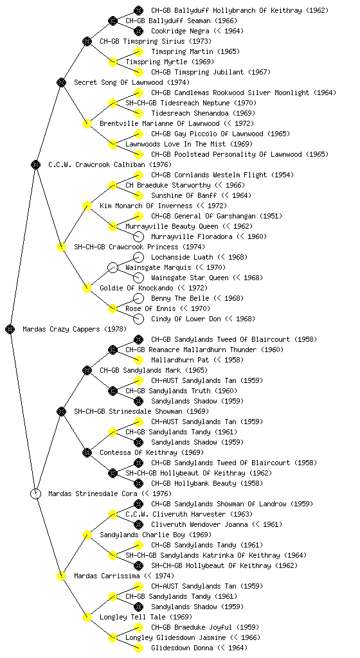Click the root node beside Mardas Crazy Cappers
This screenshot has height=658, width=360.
tap(10, 329)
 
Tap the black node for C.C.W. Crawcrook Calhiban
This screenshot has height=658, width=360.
tap(35, 164)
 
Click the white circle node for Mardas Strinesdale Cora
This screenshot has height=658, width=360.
tap(35, 493)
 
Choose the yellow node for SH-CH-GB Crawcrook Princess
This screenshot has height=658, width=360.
tap(61, 247)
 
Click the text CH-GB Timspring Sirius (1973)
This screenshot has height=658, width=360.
tap(155, 41)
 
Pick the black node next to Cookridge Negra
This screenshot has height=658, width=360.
tap(138, 31)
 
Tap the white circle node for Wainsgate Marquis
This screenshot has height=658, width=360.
tap(113, 267)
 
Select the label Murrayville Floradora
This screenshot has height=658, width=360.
tap(192, 236)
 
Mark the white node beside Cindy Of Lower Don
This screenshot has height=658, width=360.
tap(138, 319)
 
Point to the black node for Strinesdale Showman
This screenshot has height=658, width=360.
tap(61, 411)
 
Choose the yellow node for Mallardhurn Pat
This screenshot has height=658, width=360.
tap(138, 360)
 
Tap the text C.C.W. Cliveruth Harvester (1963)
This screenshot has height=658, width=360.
tap(189, 514)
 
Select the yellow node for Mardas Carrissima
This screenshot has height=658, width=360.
tap(61, 576)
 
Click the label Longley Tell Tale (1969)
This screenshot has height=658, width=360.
tap(145, 617)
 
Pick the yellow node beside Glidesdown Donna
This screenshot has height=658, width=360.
tap(138, 648)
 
